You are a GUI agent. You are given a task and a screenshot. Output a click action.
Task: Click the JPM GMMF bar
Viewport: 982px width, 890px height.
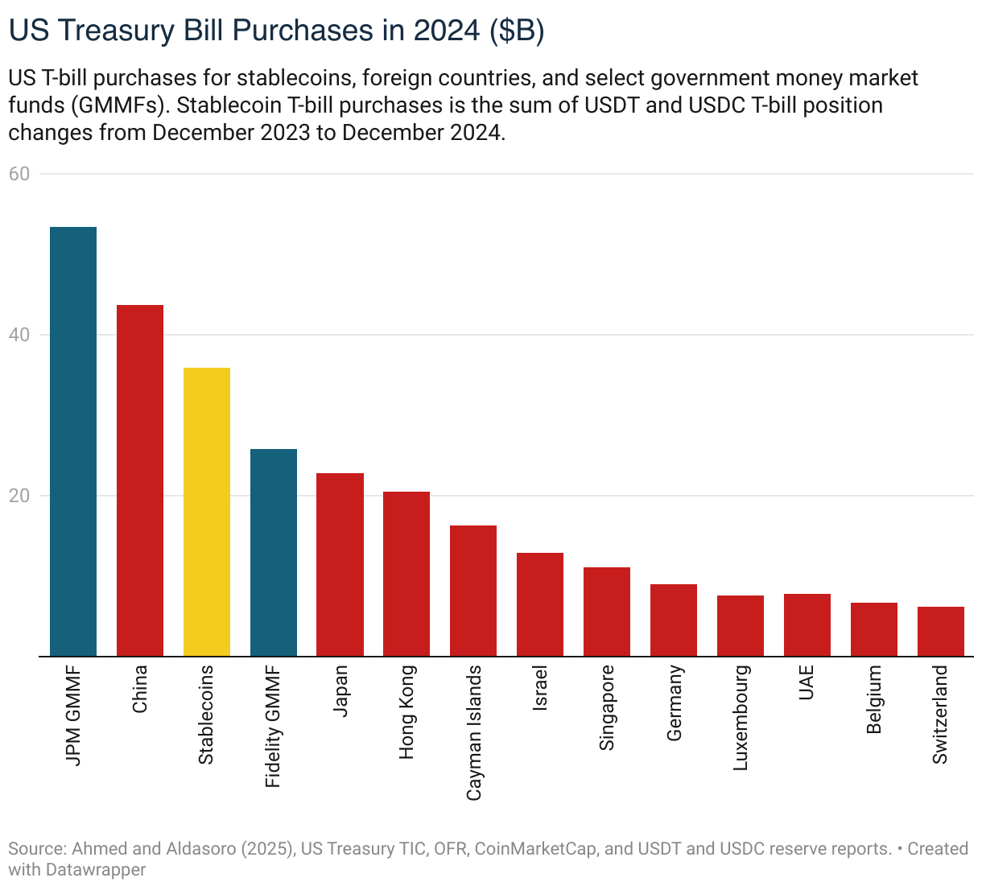click(x=73, y=442)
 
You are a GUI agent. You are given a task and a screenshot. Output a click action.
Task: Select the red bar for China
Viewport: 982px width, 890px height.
click(x=140, y=480)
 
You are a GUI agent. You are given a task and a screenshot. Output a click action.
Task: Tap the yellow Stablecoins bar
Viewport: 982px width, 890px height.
click(x=207, y=512)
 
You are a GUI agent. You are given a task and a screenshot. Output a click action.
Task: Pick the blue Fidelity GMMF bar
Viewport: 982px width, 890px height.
click(x=274, y=553)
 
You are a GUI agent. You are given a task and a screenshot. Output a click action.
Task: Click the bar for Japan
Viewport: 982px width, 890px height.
click(x=340, y=565)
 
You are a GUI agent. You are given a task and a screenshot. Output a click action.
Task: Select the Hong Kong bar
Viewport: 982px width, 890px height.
click(x=406, y=574)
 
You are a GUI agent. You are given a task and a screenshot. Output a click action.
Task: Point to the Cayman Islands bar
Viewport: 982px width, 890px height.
click(x=473, y=591)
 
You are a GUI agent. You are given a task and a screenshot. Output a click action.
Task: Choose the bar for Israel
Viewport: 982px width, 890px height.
click(x=540, y=604)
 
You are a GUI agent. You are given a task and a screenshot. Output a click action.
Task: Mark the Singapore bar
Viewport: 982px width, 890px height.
click(x=607, y=612)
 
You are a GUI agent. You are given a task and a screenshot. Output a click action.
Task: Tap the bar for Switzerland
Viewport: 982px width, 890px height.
click(x=941, y=632)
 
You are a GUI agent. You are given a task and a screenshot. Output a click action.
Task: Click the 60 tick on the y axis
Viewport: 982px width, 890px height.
click(x=19, y=174)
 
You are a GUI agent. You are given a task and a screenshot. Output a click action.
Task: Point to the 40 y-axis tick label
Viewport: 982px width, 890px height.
click(x=19, y=335)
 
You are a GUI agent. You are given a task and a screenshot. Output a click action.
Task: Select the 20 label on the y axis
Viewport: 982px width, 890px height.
click(x=19, y=496)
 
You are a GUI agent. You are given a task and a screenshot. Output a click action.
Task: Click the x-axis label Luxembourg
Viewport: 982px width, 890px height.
click(x=741, y=717)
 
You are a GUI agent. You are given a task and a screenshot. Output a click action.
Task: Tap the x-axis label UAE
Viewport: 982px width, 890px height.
click(x=807, y=682)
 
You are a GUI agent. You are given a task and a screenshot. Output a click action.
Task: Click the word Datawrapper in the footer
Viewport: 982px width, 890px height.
click(x=96, y=870)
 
